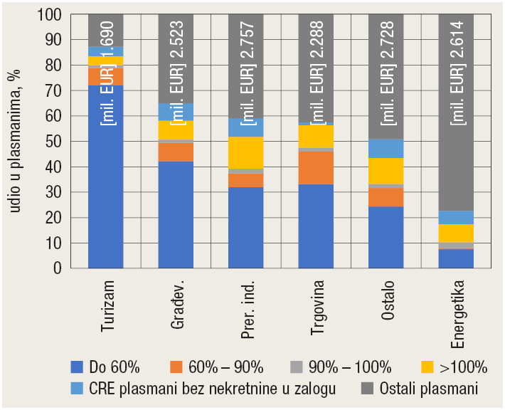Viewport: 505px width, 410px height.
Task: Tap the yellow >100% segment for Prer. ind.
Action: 245,152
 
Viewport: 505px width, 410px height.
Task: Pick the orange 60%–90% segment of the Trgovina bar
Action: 316,168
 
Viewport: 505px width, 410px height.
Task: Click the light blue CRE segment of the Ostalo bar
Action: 386,148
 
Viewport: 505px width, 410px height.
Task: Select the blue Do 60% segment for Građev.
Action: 176,214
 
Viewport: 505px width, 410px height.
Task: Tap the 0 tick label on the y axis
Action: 56,268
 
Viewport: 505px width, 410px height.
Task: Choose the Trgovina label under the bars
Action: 316,309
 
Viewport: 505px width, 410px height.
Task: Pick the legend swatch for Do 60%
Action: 78,367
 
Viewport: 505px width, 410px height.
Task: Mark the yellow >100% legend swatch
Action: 427,367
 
